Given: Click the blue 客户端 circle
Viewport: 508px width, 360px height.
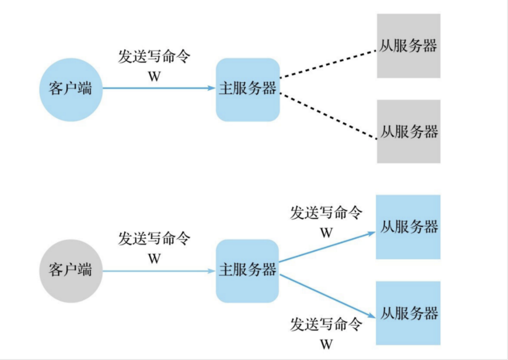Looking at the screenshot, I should pyautogui.click(x=71, y=90).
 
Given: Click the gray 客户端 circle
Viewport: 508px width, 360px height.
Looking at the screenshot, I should pyautogui.click(x=71, y=271).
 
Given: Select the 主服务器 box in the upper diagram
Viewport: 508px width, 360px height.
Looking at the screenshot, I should pyautogui.click(x=248, y=90).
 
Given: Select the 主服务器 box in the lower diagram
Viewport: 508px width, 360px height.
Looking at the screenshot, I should pyautogui.click(x=248, y=271).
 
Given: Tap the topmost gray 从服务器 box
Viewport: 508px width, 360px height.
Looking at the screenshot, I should pyautogui.click(x=408, y=46).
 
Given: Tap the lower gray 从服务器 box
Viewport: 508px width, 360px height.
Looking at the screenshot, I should pyautogui.click(x=408, y=131).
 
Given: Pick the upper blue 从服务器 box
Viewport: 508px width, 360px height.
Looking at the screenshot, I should pyautogui.click(x=408, y=227).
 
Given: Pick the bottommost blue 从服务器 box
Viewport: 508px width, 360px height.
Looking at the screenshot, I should pyautogui.click(x=408, y=313).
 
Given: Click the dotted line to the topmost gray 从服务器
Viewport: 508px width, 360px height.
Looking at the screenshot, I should pyautogui.click(x=328, y=64).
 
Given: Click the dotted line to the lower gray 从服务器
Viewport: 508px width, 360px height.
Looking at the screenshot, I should pyautogui.click(x=328, y=116).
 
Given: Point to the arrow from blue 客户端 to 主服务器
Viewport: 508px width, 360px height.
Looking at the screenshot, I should pyautogui.click(x=159, y=88).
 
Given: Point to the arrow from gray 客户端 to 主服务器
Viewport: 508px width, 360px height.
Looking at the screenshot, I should pyautogui.click(x=159, y=271).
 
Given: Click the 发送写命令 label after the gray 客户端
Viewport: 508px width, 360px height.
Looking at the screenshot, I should pyautogui.click(x=154, y=239).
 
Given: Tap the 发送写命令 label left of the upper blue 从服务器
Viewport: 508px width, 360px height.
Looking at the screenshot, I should pyautogui.click(x=326, y=213).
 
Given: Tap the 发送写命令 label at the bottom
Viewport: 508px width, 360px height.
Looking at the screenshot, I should pyautogui.click(x=326, y=325).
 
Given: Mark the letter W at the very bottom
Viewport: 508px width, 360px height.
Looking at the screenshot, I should pyautogui.click(x=326, y=344).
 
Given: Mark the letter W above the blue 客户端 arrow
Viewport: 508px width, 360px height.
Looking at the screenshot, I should pyautogui.click(x=154, y=77).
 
